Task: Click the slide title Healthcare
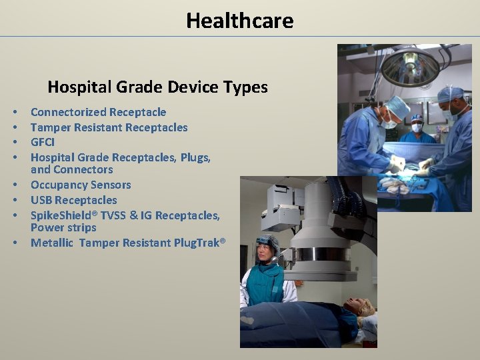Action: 239,21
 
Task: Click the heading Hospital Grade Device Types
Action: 157,87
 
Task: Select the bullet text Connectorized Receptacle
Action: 98,112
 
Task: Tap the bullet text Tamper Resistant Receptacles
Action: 109,127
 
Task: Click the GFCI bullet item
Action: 43,142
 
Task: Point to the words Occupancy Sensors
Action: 81,185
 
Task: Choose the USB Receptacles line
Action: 73,200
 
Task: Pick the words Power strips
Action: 63,227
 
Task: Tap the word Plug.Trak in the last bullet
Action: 196,243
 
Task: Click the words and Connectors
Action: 72,169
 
